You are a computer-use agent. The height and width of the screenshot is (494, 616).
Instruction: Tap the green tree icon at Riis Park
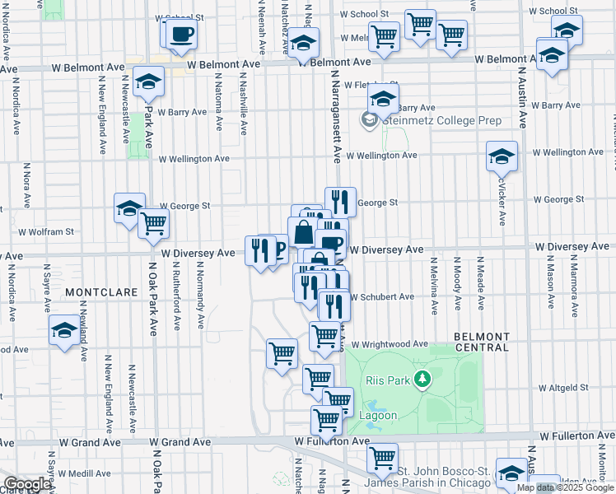point(423,380)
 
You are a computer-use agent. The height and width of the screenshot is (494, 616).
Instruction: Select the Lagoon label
point(379,416)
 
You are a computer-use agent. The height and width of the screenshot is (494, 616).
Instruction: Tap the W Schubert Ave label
point(381,297)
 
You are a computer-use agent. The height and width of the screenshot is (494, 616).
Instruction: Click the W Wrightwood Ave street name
point(390,344)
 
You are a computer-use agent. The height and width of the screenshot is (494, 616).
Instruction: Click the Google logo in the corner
point(28,484)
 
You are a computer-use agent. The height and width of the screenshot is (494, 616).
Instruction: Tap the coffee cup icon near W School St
point(181,34)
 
